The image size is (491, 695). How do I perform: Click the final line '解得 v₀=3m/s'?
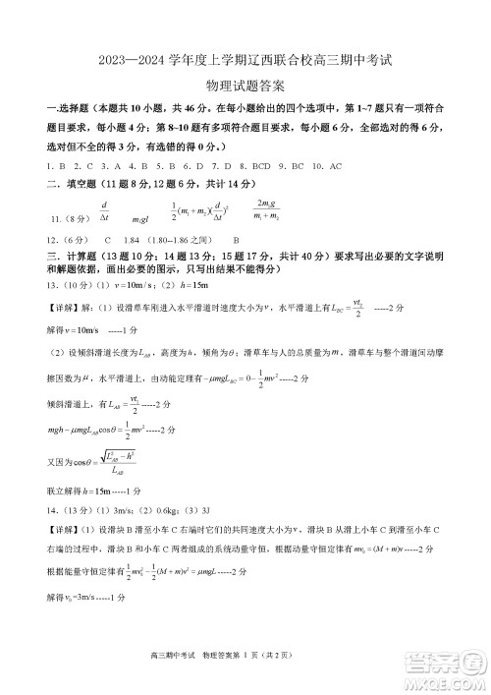[85, 597]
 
